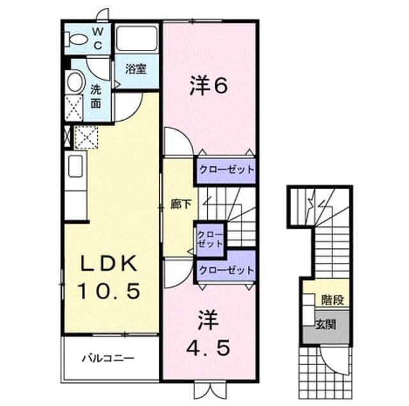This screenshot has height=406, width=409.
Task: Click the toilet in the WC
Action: click(76, 40)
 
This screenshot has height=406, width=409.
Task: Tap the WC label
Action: click(98, 39)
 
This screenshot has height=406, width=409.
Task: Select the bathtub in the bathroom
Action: click(137, 38)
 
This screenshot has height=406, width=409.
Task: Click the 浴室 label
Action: click(135, 69)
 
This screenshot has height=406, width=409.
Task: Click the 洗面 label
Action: click(96, 97)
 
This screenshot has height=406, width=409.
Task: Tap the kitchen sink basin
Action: click(75, 166)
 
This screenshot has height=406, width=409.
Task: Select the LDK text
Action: click(109, 263)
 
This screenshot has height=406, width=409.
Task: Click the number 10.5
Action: click(109, 291)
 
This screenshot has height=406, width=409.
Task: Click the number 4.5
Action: click(208, 348)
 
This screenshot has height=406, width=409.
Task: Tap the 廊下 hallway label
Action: click(181, 204)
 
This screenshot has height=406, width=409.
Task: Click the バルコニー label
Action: click(108, 358)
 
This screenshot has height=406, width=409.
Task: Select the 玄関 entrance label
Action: click(325, 325)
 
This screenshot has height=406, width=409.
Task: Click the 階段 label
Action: click(332, 300)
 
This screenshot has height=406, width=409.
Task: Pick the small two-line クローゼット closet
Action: click(210, 240)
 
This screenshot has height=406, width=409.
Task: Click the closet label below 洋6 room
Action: click(226, 170)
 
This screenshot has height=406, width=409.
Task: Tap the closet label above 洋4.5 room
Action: click(226, 270)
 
